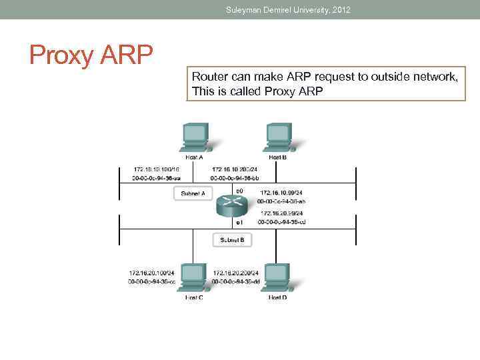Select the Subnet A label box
193,193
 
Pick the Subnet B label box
232,239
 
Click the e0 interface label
239,191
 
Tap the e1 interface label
239,221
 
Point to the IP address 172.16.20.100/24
151,273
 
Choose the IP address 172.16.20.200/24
235,273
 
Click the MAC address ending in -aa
157,178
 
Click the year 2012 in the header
340,9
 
